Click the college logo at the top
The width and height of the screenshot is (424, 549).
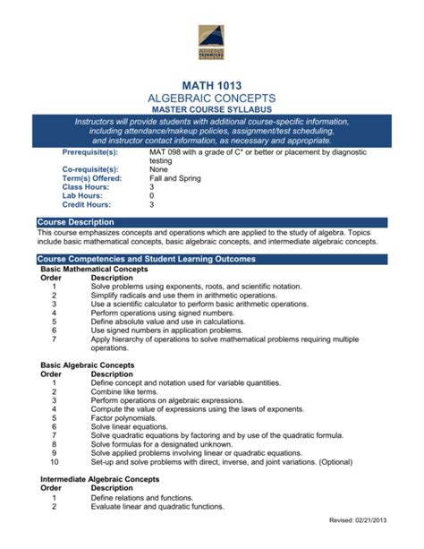click(212, 43)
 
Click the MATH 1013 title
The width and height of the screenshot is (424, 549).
click(212, 83)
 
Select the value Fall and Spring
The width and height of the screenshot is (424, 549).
click(175, 178)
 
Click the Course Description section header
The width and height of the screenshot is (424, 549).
click(78, 221)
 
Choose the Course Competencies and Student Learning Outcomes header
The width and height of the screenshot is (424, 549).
click(146, 259)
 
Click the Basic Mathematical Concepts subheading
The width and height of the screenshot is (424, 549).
click(95, 269)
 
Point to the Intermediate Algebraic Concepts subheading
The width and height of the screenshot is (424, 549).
click(100, 479)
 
